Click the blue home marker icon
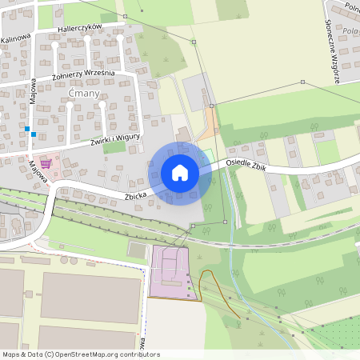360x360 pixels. pos(179,173)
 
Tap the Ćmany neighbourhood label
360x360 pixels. pos(83,94)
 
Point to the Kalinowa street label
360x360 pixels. pos(15,38)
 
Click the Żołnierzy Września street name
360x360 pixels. pos(83,74)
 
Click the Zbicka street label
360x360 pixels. pos(135,194)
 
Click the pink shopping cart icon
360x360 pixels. pos(46,163)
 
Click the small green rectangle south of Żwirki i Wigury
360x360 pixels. pos(114,147)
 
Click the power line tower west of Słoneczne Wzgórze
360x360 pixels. pos(302,82)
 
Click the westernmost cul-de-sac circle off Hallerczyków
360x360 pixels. pos(54,45)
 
